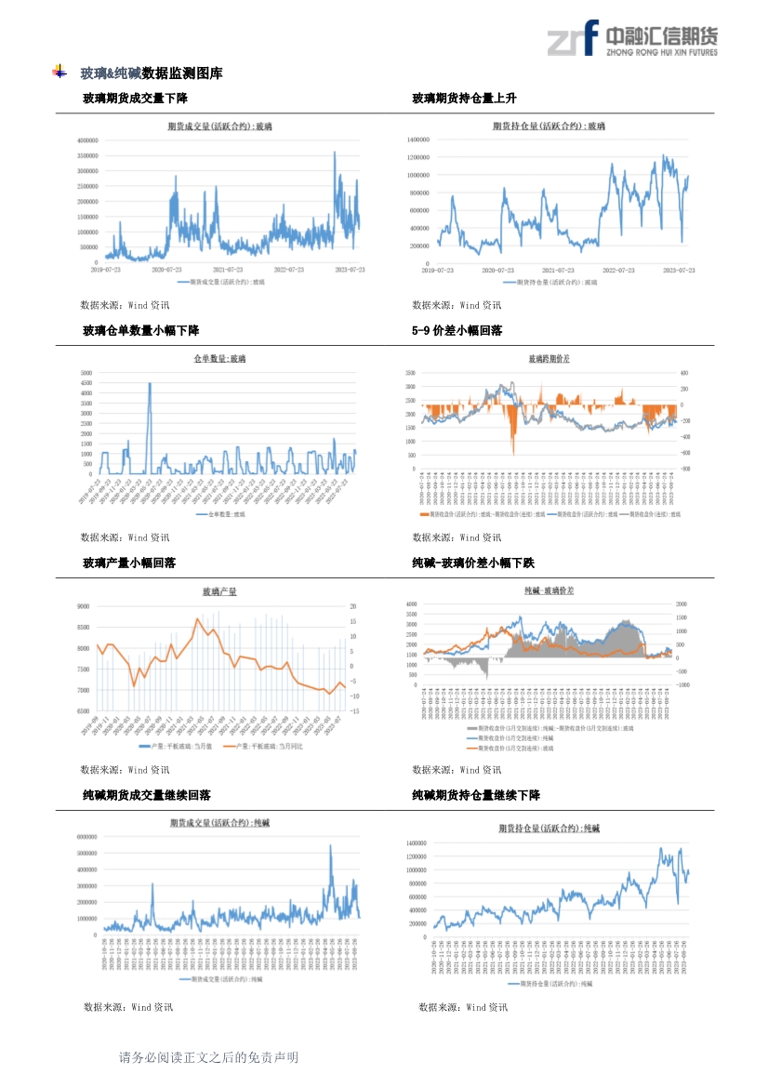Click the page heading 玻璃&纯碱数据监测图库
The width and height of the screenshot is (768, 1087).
click(151, 73)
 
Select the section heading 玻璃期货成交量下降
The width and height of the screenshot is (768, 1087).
click(135, 99)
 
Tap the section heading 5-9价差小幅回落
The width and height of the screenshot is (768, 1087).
click(457, 331)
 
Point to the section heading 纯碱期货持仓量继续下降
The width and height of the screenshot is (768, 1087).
click(476, 796)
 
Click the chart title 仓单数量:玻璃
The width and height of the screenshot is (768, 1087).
click(219, 358)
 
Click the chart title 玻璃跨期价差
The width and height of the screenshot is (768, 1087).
click(550, 358)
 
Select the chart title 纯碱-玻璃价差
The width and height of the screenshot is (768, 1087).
click(550, 590)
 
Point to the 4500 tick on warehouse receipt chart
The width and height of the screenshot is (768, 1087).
click(86, 382)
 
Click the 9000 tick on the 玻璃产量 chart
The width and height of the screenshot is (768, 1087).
click(83, 605)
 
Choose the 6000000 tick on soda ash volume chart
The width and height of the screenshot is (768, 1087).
click(87, 836)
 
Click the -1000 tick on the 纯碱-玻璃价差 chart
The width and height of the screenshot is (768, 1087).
click(683, 685)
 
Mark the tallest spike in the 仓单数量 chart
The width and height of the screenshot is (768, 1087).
click(150, 384)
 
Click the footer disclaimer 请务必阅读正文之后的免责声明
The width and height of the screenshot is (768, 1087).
click(208, 1057)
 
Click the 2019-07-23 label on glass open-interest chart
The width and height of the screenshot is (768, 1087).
click(437, 270)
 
